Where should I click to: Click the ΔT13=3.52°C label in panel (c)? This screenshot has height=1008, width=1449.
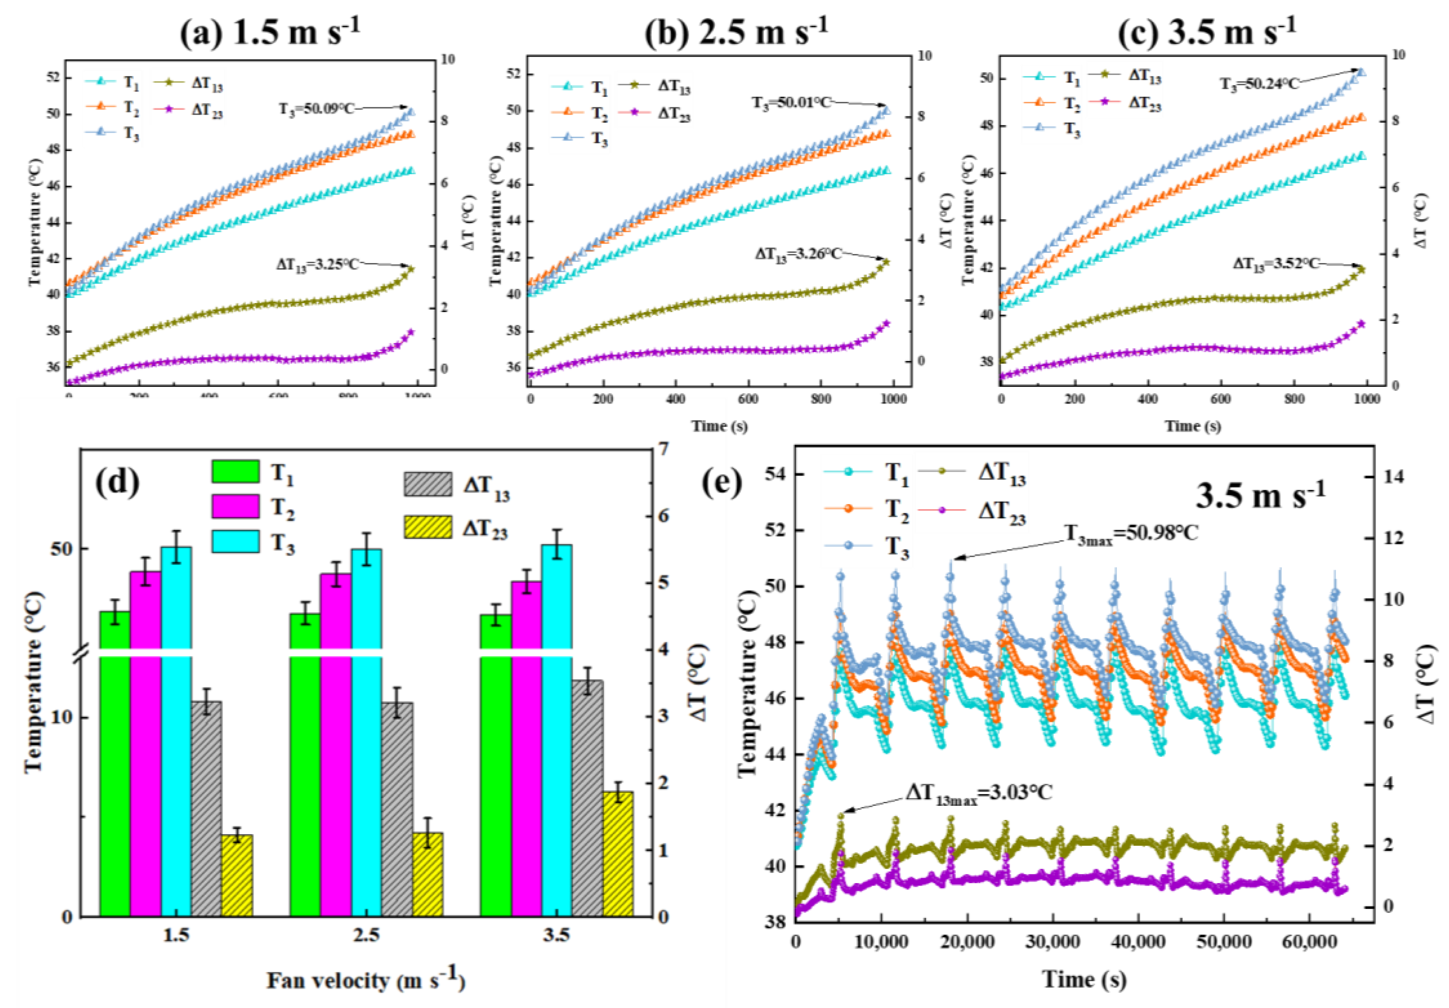(1276, 263)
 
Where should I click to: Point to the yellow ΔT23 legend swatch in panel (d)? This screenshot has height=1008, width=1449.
(428, 527)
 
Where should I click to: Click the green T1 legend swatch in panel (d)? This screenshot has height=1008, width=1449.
(235, 471)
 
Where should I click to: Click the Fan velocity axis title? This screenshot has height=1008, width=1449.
(366, 980)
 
